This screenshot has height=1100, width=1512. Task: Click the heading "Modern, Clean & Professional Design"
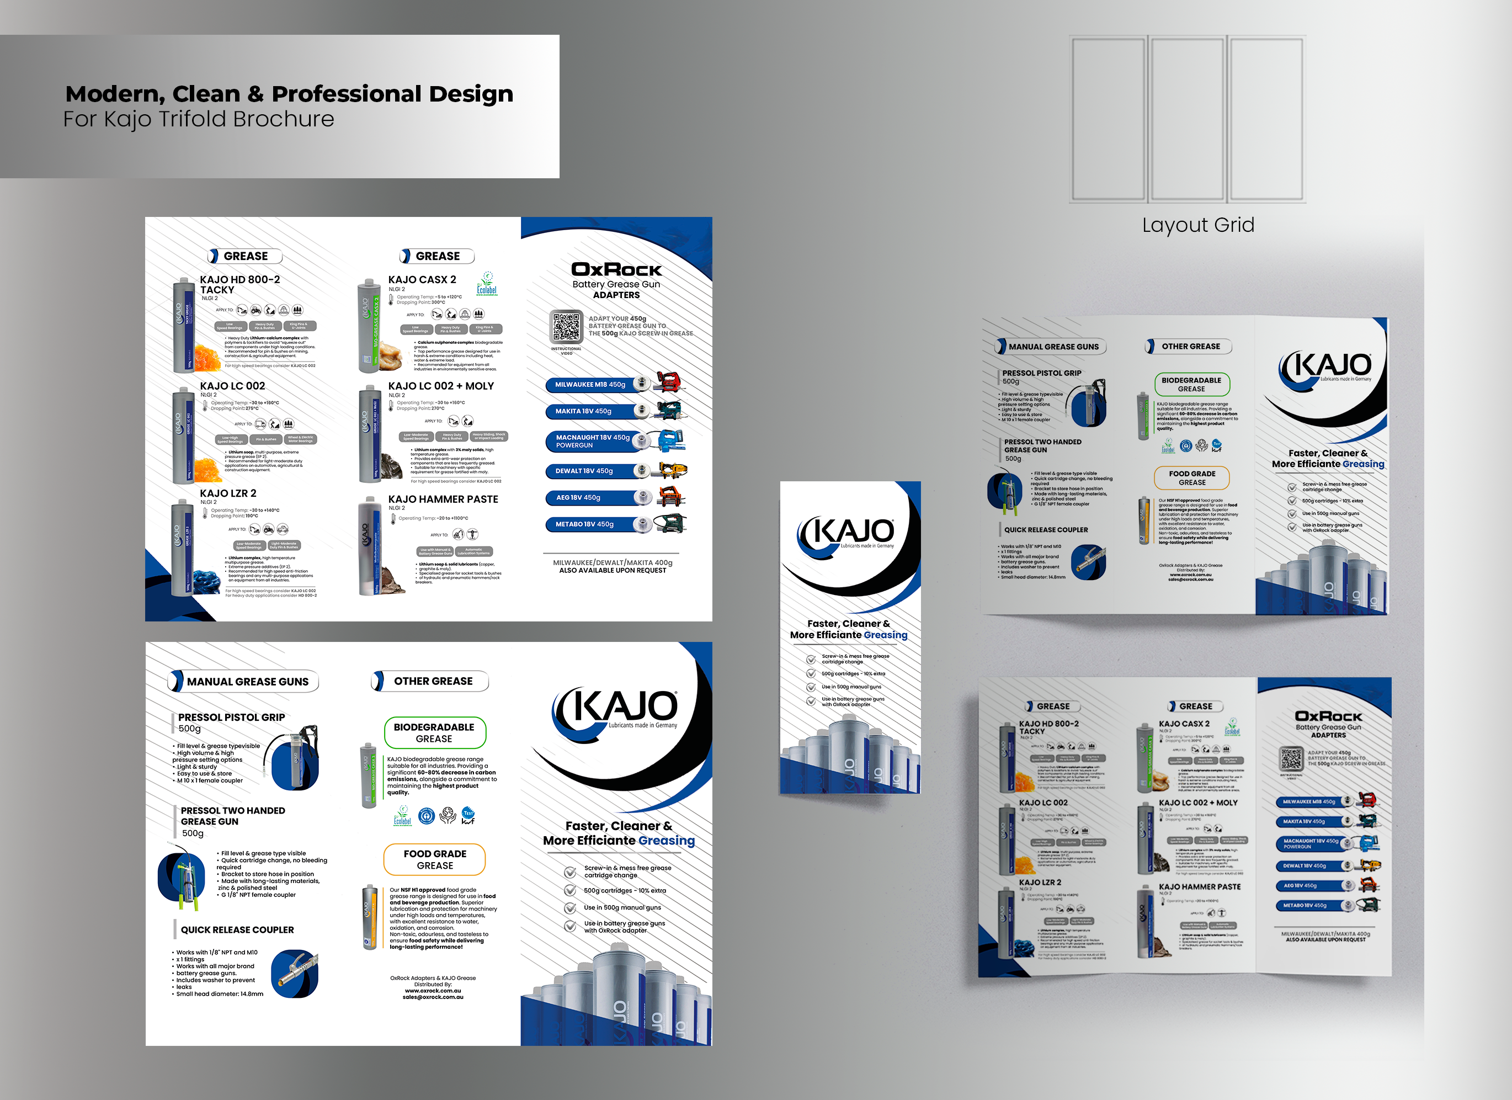click(289, 94)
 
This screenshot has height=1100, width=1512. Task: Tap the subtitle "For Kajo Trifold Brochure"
click(199, 119)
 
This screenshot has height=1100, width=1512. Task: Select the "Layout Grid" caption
click(1198, 225)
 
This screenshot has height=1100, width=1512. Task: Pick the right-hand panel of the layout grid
click(1266, 119)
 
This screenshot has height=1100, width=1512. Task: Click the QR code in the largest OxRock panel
click(566, 327)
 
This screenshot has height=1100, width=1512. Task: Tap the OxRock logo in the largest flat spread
click(616, 269)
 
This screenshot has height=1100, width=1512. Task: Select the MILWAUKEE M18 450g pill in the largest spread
click(590, 385)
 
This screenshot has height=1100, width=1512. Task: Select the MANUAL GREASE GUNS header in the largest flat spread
click(247, 681)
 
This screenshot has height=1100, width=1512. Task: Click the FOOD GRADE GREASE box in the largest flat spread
click(435, 859)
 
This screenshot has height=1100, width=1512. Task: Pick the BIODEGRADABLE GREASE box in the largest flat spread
click(434, 732)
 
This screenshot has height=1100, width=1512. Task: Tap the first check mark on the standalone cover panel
click(811, 660)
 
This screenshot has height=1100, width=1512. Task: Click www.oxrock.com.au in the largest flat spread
click(433, 991)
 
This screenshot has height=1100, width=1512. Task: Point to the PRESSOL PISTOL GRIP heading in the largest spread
click(231, 718)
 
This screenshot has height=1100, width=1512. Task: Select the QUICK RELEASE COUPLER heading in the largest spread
click(237, 930)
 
